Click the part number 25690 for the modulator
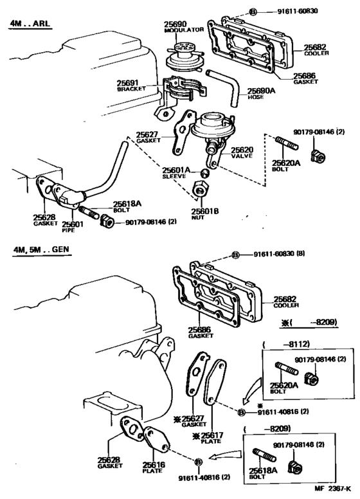pos(175,24)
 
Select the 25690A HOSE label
pos(261,94)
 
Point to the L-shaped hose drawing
pos(224,87)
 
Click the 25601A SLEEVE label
pos(176,173)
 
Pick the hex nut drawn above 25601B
pos(201,189)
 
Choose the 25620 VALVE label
pos(242,152)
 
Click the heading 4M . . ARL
pos(30,23)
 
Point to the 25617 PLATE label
pos(210,437)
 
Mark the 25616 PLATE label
pos(154,467)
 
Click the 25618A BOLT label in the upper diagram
pos(127,206)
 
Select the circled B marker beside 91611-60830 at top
pos(252,12)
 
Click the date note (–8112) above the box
pos(286,344)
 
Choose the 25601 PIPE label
pos(72,226)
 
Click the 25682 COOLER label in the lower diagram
pos(285,302)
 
